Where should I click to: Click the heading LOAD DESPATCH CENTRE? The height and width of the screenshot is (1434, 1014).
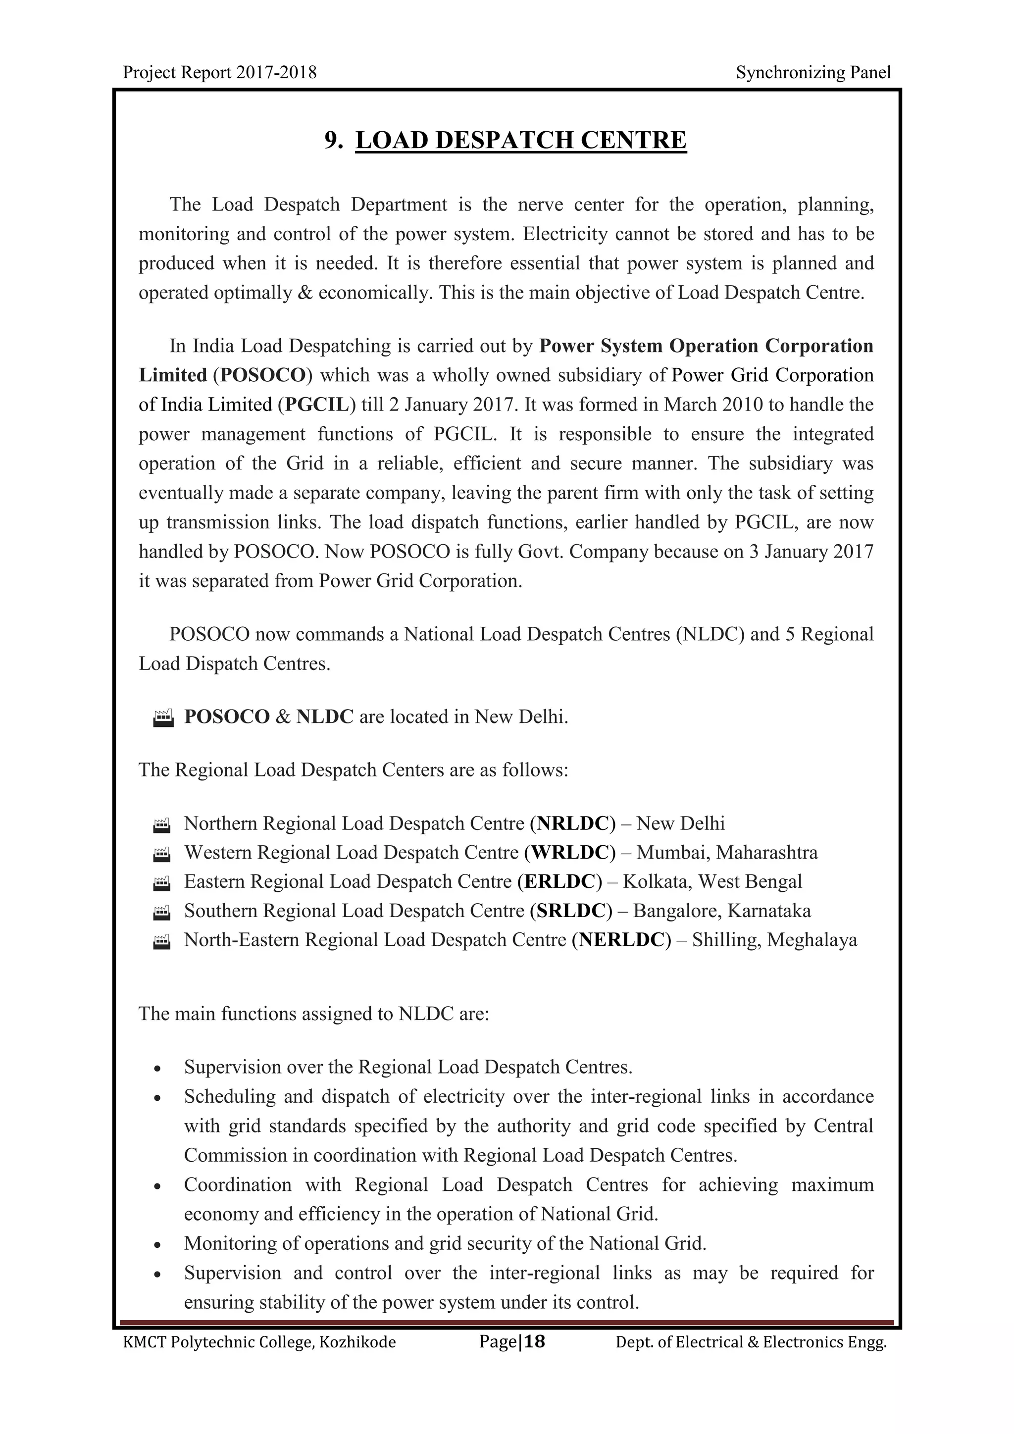coord(521,140)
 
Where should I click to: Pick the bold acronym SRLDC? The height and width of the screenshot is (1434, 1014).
coord(571,911)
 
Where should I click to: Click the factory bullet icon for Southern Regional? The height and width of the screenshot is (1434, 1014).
coord(162,912)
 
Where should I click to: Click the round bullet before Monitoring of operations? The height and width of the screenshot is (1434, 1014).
coord(158,1245)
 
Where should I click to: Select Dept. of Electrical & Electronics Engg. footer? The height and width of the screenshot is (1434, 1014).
coord(751,1342)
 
